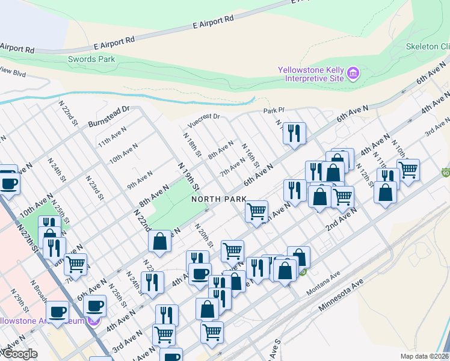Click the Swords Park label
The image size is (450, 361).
coord(91,59)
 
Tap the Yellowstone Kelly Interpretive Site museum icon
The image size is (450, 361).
coord(353,75)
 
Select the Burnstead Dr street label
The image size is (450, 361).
coord(109,113)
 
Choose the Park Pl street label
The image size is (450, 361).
coord(273,111)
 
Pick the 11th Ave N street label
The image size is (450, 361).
coord(112,137)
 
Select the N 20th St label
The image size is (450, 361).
coord(204,235)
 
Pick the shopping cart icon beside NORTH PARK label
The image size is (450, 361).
coord(257,212)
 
